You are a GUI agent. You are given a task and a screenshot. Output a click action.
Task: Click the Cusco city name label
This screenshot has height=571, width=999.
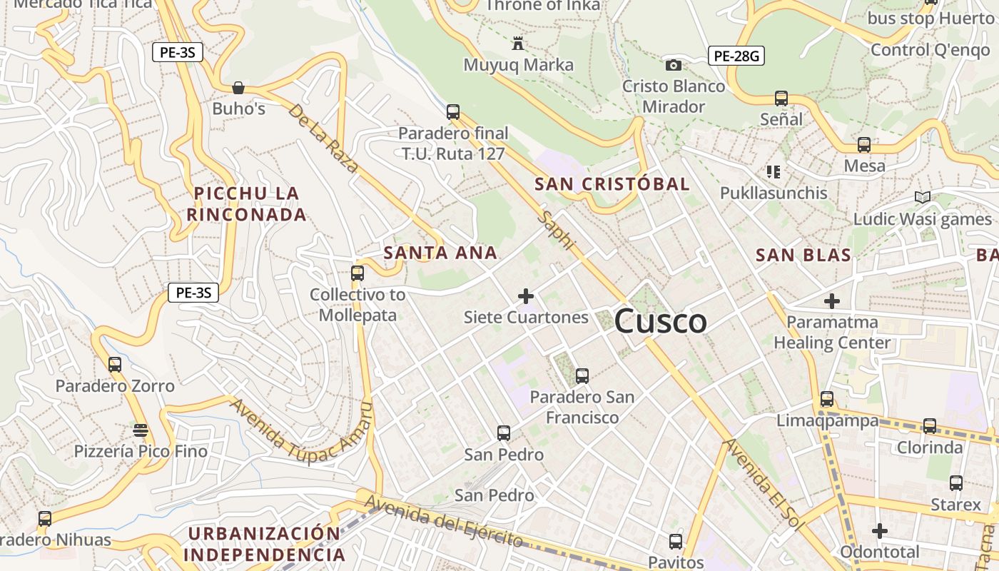pyautogui.click(x=660, y=322)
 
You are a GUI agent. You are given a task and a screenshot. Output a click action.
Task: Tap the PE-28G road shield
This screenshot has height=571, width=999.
pyautogui.click(x=736, y=56)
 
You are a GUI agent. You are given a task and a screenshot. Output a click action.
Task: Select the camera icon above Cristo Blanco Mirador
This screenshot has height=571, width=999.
pyautogui.click(x=673, y=65)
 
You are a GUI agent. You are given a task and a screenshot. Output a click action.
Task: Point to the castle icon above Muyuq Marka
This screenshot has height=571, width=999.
pyautogui.click(x=518, y=44)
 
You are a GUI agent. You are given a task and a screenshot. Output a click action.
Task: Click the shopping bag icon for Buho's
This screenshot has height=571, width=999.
pyautogui.click(x=238, y=88)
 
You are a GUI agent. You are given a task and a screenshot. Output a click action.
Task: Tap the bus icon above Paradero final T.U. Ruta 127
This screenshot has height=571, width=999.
pyautogui.click(x=453, y=112)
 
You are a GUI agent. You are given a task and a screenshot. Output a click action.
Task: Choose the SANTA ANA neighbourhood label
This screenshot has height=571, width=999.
pyautogui.click(x=440, y=253)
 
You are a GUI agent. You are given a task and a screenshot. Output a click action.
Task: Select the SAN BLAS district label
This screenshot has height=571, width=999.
pyautogui.click(x=803, y=255)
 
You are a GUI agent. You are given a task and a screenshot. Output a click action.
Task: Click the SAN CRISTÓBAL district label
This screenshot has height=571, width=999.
pyautogui.click(x=612, y=184)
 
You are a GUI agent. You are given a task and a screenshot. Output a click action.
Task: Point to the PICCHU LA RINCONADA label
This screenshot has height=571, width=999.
pyautogui.click(x=246, y=203)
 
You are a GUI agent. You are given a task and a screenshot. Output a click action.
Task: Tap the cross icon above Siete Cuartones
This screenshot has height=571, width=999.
pyautogui.click(x=526, y=295)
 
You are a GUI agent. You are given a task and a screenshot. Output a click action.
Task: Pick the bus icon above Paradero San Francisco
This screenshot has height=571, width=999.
pyautogui.click(x=582, y=375)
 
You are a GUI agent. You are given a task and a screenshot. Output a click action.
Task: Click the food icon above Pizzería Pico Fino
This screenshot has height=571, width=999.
pyautogui.click(x=141, y=430)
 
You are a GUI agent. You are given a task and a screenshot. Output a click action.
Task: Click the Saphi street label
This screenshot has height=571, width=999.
pyautogui.click(x=557, y=230)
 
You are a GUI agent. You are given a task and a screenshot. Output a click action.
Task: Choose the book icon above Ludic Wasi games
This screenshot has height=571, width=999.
pyautogui.click(x=923, y=197)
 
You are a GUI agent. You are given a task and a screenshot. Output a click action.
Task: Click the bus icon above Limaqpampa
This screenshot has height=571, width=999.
pyautogui.click(x=827, y=399)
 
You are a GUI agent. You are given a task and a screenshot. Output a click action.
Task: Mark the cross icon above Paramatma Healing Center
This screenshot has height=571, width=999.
pyautogui.click(x=832, y=300)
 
